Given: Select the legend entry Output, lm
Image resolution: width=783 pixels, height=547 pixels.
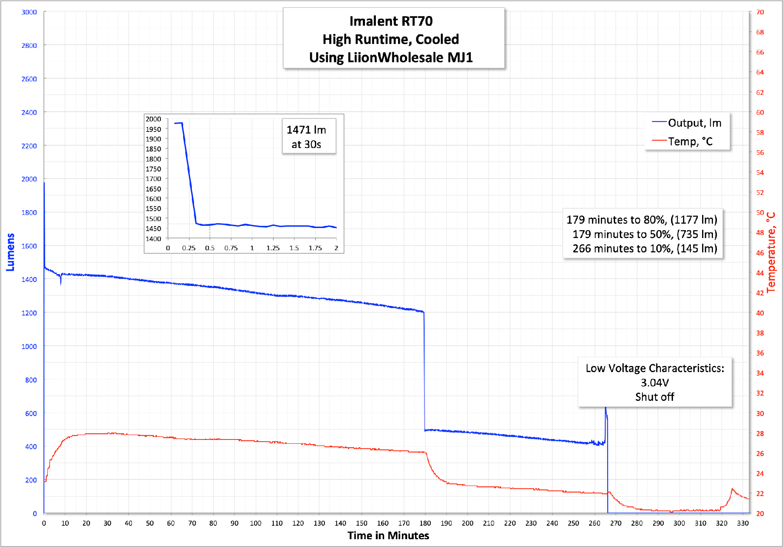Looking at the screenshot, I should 694,123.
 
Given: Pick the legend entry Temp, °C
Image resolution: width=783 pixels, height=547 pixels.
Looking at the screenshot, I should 690,141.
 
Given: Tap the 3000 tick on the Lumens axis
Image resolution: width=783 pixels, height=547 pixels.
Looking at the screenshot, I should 29,12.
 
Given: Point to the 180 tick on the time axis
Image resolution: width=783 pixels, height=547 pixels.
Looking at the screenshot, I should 425,523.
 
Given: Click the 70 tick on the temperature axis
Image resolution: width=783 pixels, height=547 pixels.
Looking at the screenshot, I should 760,12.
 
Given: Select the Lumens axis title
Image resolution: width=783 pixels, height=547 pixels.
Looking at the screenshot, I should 10,252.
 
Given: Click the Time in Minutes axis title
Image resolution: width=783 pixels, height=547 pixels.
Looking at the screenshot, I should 388,536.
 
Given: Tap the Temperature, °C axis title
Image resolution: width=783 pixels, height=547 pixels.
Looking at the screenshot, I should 771,252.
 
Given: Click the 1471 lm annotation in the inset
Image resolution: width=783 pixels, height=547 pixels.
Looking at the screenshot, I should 306,130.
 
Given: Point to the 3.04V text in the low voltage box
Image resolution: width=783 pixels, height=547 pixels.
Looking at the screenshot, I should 655,383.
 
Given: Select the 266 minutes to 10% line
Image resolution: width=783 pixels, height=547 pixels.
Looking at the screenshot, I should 645,248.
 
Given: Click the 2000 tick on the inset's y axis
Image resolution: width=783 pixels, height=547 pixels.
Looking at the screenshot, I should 153,119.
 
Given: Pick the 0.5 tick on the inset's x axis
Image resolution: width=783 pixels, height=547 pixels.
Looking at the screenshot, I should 210,248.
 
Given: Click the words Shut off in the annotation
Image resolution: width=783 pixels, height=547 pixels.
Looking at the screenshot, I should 655,397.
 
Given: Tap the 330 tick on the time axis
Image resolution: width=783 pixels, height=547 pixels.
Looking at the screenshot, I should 743,523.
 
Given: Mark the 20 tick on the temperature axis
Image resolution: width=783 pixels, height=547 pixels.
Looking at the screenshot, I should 760,513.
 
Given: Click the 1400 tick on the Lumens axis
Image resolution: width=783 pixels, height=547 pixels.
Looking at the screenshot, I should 29,279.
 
